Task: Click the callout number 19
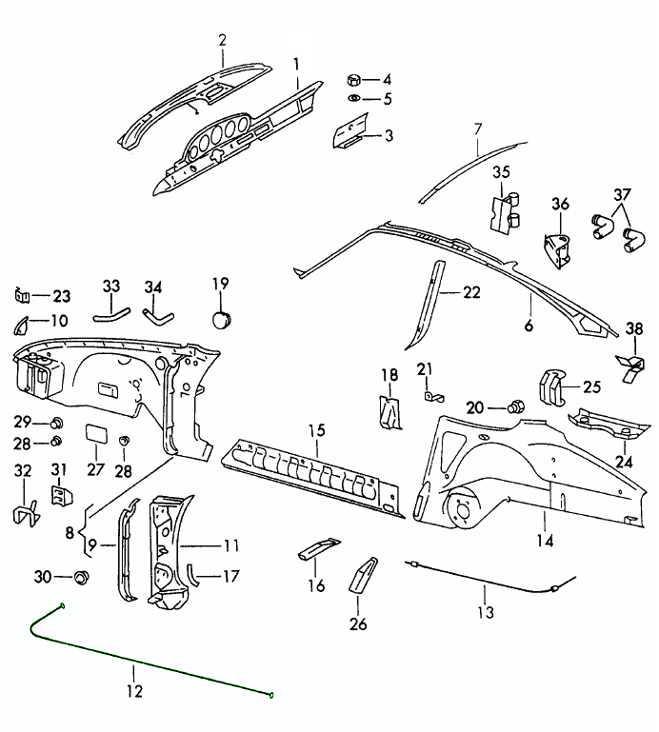220,283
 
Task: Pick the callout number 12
134,691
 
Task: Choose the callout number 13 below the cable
487,612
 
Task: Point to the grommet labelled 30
81,577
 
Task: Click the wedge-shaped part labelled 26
364,574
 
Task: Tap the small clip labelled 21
429,392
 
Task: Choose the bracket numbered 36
556,246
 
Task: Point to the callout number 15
316,431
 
